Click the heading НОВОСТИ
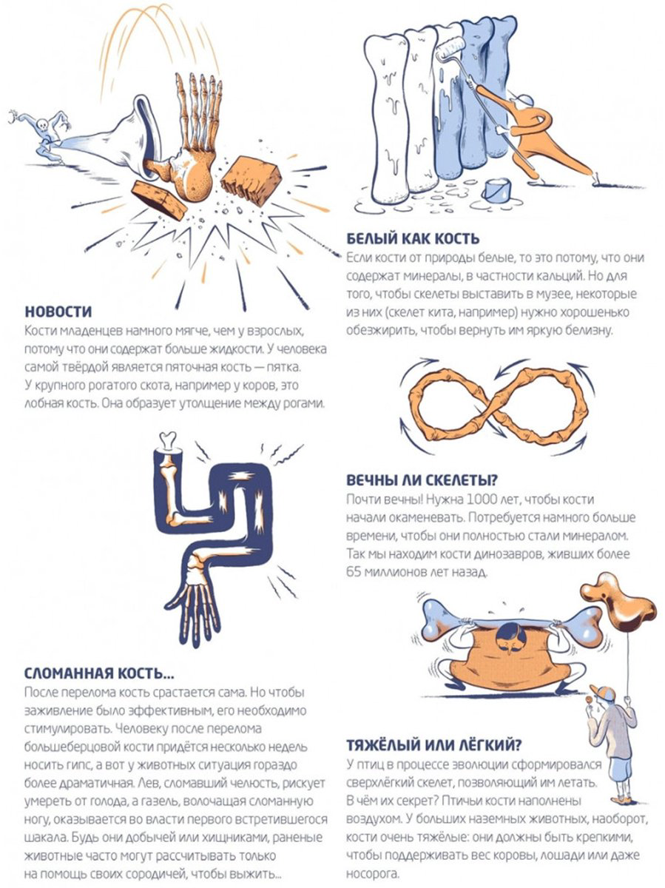coord(58,312)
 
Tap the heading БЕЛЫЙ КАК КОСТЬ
coord(413,239)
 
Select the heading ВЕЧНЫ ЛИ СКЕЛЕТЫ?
coord(422,480)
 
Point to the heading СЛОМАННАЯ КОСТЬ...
coord(99,673)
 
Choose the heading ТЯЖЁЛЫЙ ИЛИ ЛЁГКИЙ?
coord(433,745)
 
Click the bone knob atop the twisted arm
coord(167,440)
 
